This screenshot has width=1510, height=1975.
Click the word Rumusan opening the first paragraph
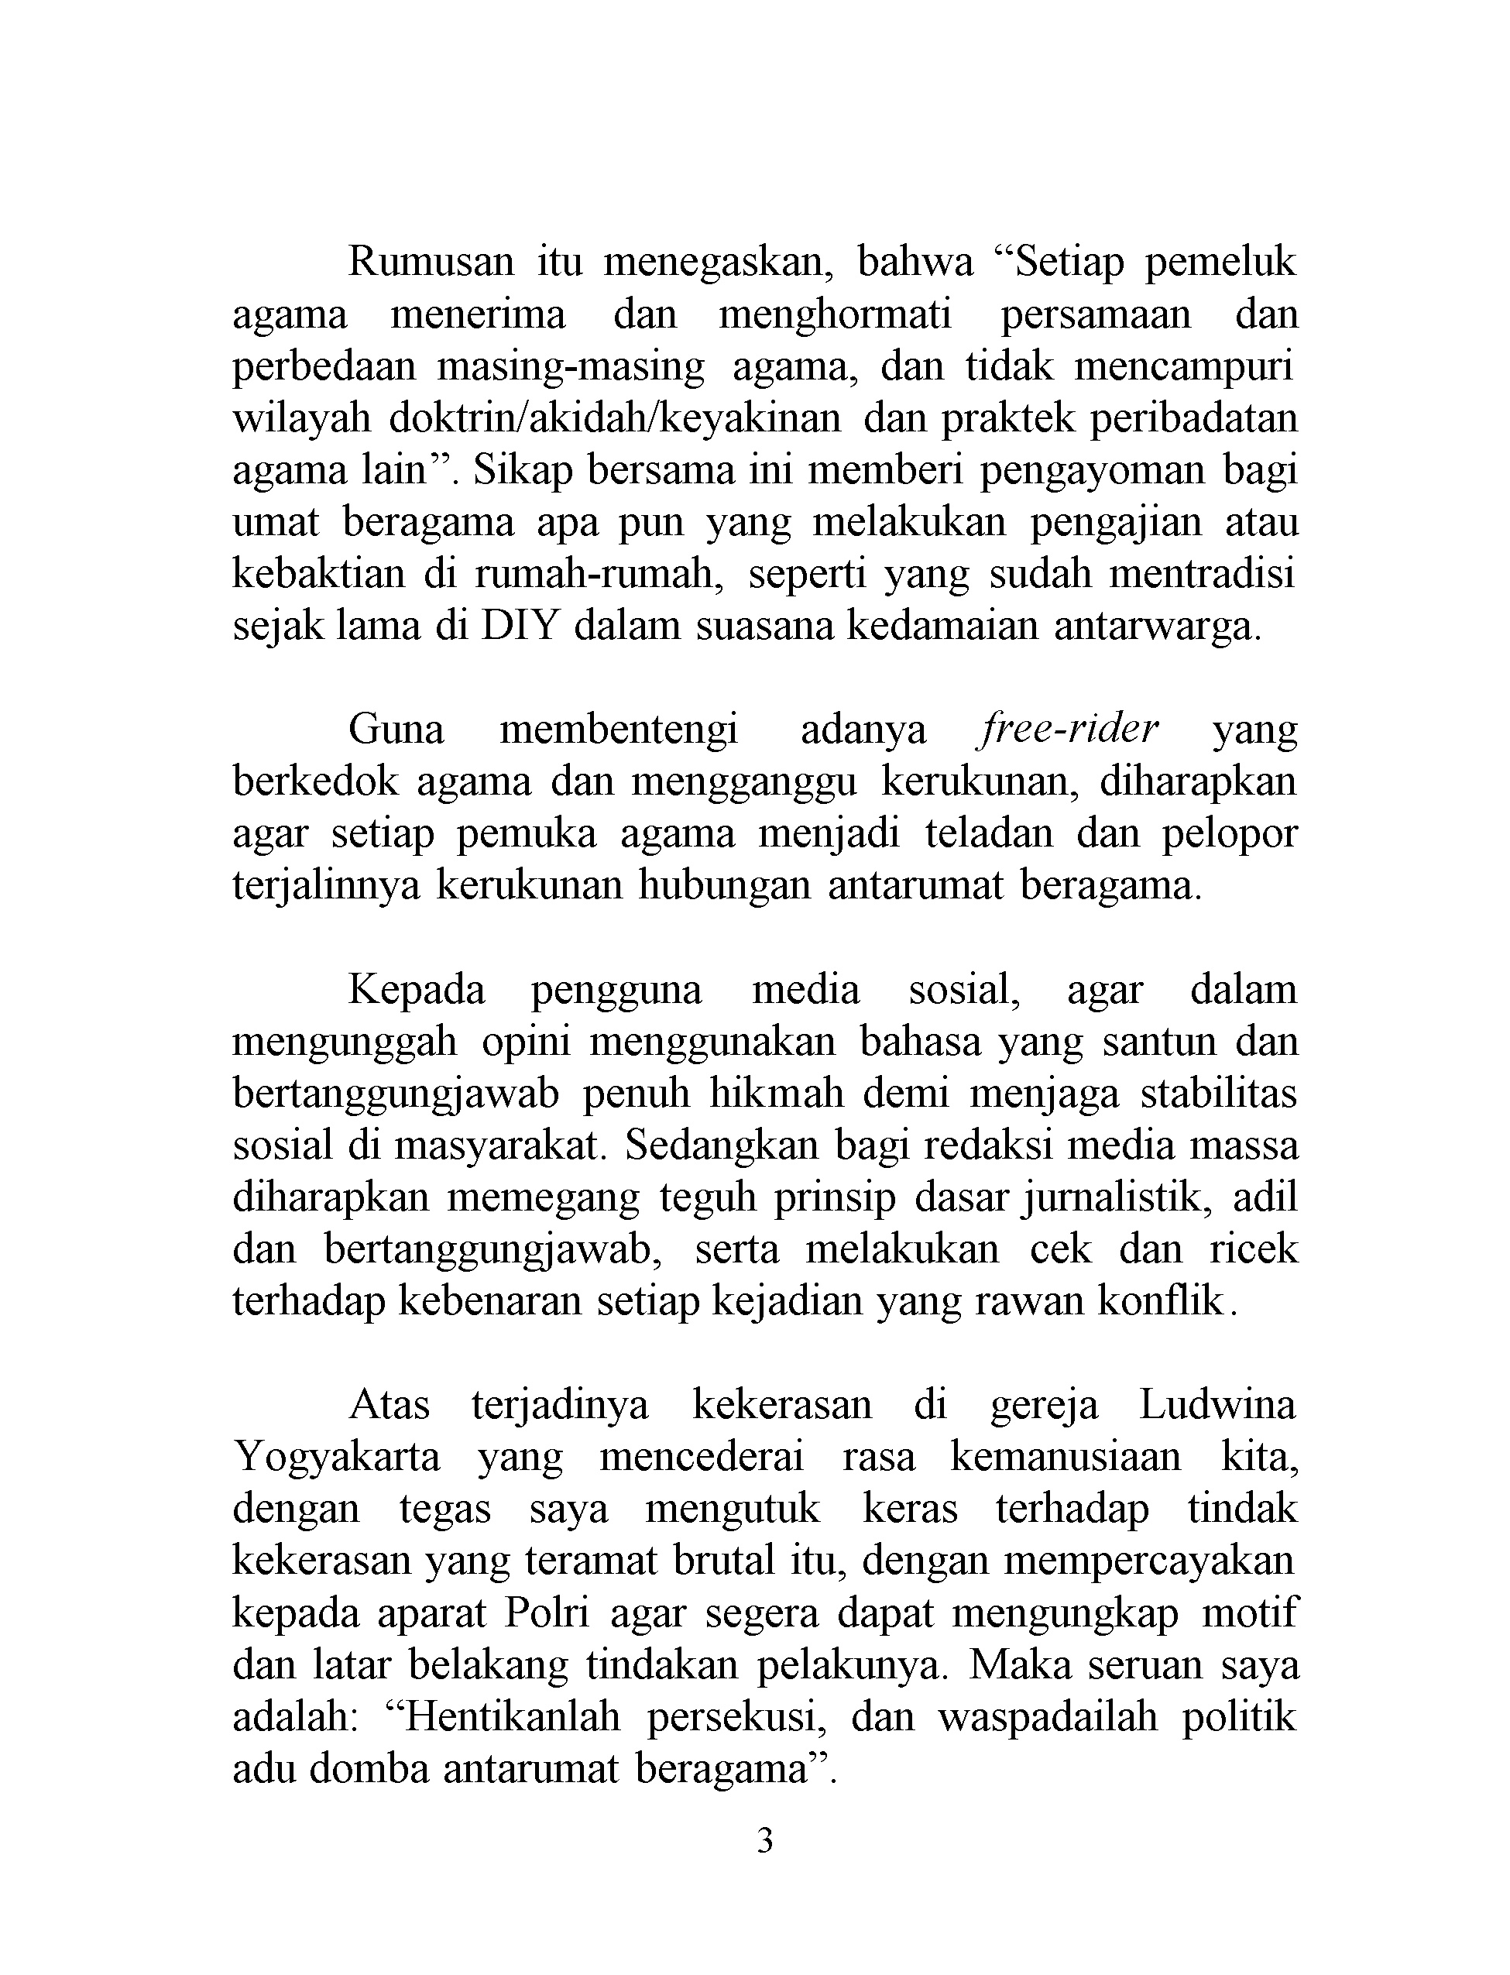[x=431, y=262]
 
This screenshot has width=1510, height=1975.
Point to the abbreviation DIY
[x=520, y=626]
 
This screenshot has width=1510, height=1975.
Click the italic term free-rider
[x=1066, y=729]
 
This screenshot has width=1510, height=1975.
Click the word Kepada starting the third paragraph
[x=416, y=990]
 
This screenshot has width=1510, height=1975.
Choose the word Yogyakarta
[x=337, y=1457]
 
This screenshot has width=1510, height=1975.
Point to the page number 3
[x=765, y=1840]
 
